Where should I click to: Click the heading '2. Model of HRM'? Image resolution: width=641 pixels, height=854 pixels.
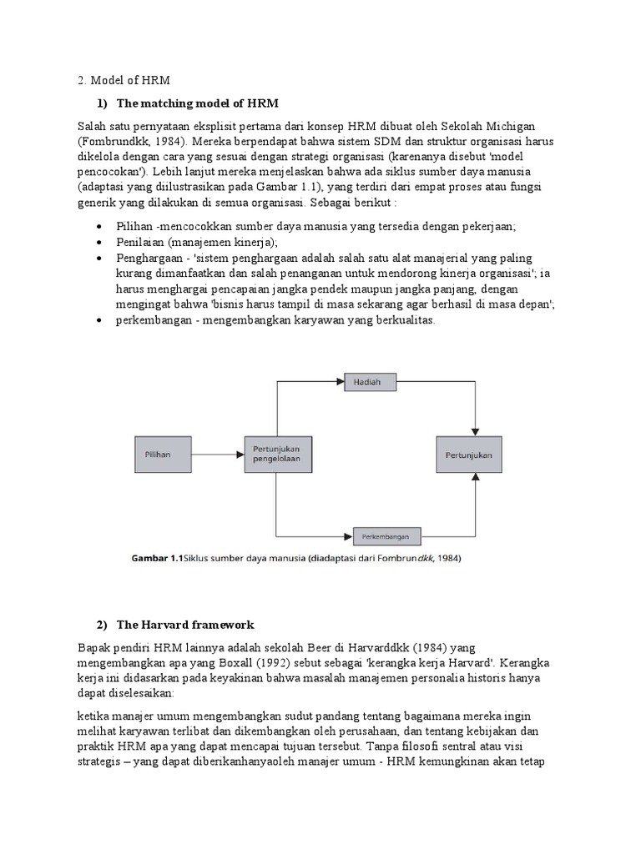pos(123,80)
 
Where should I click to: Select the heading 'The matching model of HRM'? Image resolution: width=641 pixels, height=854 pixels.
pos(197,103)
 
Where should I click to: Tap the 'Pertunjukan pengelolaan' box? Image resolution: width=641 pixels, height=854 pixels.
pos(276,455)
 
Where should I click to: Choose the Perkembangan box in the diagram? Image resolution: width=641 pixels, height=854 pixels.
pos(386,535)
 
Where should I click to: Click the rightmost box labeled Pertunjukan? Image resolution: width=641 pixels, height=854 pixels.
pos(469,455)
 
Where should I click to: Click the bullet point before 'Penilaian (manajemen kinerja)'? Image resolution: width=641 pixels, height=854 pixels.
pos(100,242)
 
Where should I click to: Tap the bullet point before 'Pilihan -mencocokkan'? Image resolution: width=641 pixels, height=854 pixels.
pos(100,226)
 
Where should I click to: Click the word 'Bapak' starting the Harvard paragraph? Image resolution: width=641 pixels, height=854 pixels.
pos(94,647)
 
